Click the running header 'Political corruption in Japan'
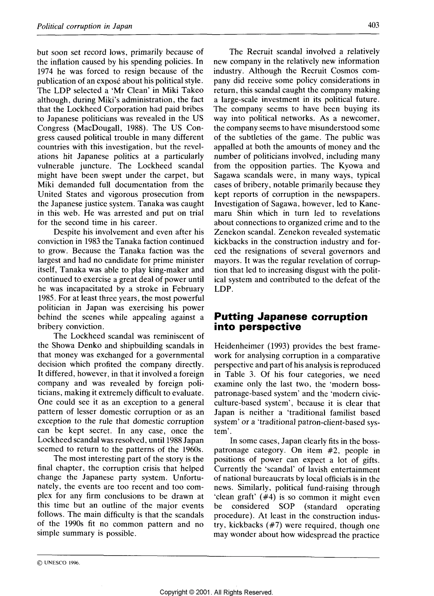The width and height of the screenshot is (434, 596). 85,26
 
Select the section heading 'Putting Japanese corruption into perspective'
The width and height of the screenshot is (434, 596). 291,322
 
